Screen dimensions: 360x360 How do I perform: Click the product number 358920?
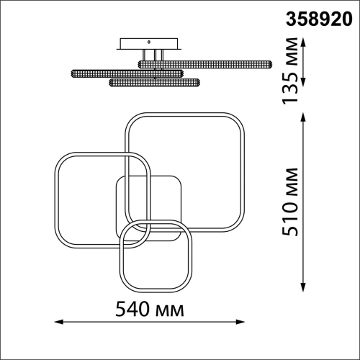pos(319,19)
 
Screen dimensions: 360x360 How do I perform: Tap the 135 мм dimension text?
pos(290,71)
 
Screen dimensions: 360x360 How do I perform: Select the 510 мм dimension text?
pos(290,202)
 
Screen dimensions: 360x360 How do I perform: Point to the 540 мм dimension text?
pos(150,309)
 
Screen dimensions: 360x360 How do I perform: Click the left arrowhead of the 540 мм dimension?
pos(59,322)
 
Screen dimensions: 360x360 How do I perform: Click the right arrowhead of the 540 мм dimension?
pos(240,322)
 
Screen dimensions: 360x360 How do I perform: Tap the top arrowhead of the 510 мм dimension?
pos(304,117)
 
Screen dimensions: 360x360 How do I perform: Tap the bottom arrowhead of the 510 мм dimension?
pos(304,287)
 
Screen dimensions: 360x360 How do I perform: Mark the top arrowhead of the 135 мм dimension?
pos(304,42)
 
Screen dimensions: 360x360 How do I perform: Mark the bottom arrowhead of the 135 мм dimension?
pos(304,82)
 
